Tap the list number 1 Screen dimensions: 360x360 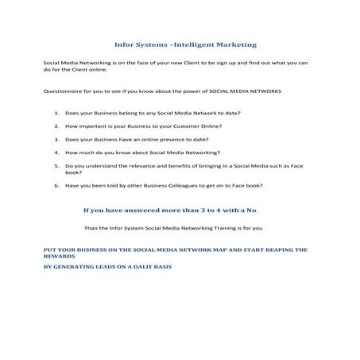[x=57, y=114]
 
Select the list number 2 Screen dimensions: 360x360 [x=57, y=126]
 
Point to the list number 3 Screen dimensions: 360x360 [x=57, y=138]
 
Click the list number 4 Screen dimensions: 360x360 [x=57, y=151]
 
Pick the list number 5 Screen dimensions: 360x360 [x=57, y=165]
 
